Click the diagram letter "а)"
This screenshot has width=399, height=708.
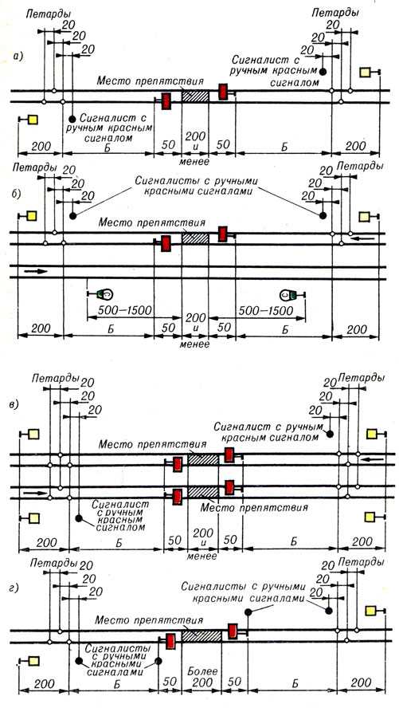18,57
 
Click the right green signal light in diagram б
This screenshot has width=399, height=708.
289,295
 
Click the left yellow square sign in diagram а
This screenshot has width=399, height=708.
33,120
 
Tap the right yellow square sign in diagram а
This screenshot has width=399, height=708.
366,73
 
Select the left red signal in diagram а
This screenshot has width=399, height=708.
166,100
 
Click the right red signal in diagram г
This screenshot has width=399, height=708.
233,631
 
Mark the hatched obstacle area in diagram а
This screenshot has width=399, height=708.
195,96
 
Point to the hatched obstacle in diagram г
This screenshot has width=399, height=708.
201,635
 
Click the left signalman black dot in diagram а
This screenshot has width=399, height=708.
72,120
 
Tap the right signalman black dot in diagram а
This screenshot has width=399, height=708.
323,71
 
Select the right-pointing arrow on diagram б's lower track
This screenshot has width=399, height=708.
35,271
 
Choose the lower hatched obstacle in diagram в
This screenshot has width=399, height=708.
203,493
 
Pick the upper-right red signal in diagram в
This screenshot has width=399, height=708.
229,455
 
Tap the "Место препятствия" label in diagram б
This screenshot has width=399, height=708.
152,222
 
